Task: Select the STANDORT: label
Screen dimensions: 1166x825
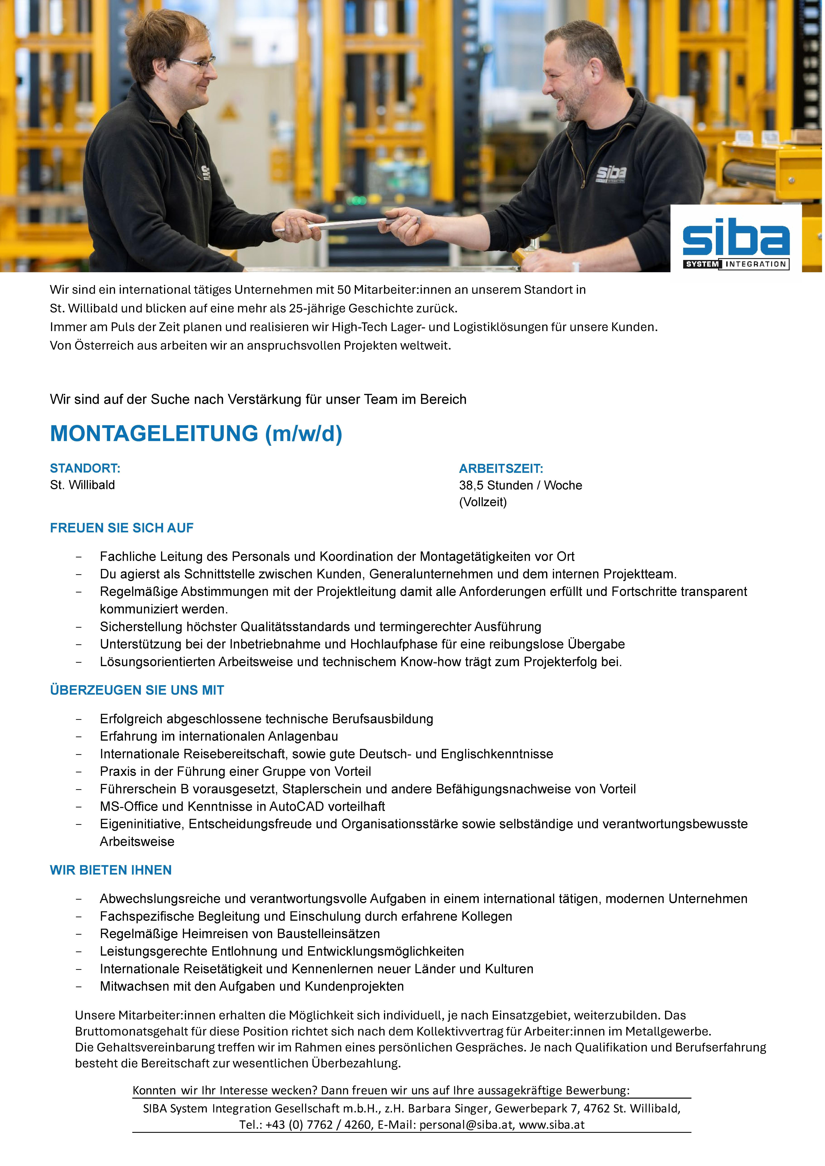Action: [x=85, y=468]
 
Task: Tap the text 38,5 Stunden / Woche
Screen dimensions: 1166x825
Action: [x=520, y=485]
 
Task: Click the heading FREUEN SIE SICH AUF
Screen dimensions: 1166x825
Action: [x=121, y=528]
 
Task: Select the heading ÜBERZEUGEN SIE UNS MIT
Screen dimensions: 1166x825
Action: [x=137, y=690]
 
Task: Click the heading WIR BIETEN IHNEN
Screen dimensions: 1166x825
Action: [x=111, y=870]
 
